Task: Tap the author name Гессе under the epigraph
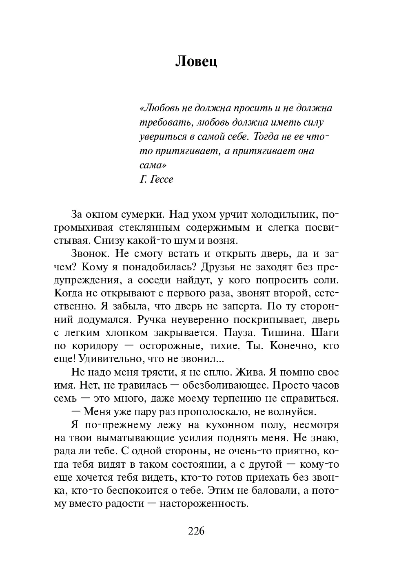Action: click(x=162, y=179)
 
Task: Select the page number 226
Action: click(x=196, y=531)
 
